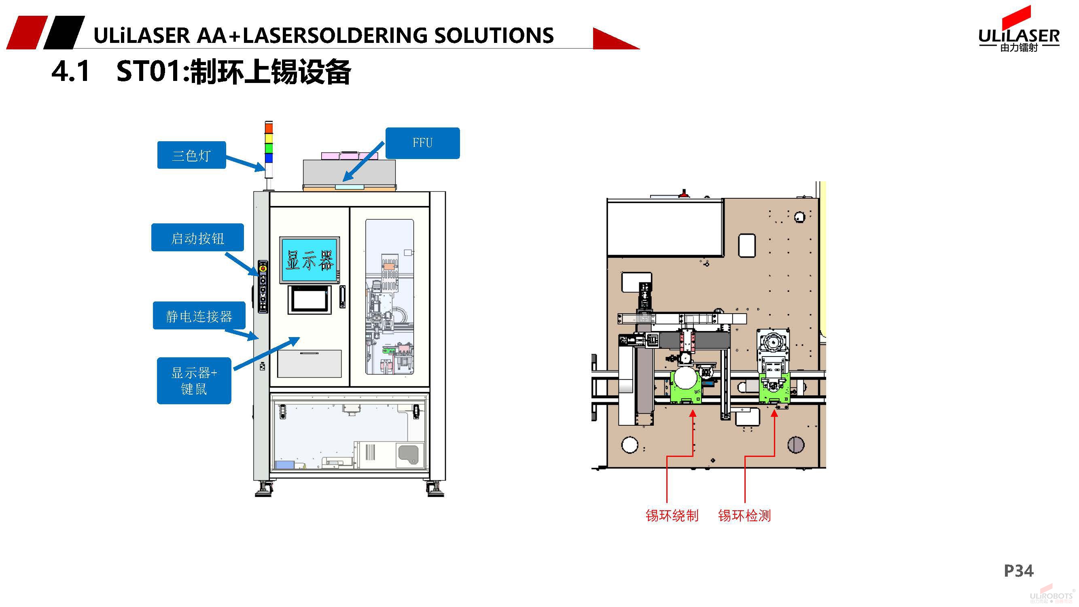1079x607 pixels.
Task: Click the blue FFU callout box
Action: click(422, 143)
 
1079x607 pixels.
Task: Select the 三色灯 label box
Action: click(191, 155)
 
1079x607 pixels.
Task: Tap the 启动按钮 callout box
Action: click(197, 238)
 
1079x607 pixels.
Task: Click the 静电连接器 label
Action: click(199, 316)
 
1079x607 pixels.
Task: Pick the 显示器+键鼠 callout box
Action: click(194, 380)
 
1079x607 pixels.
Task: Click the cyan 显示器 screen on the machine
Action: click(309, 260)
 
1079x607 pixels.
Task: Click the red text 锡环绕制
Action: click(672, 515)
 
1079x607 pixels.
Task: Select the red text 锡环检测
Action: click(744, 515)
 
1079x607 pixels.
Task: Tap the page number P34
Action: click(1018, 571)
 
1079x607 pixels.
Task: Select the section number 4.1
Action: click(70, 71)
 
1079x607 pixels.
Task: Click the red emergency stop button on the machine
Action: click(263, 267)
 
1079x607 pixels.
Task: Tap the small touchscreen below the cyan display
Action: click(309, 299)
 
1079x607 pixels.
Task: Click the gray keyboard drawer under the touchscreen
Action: click(309, 364)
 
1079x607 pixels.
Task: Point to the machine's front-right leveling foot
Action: click(435, 489)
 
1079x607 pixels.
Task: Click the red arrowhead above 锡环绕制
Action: click(693, 414)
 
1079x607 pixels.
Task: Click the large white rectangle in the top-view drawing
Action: click(665, 227)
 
